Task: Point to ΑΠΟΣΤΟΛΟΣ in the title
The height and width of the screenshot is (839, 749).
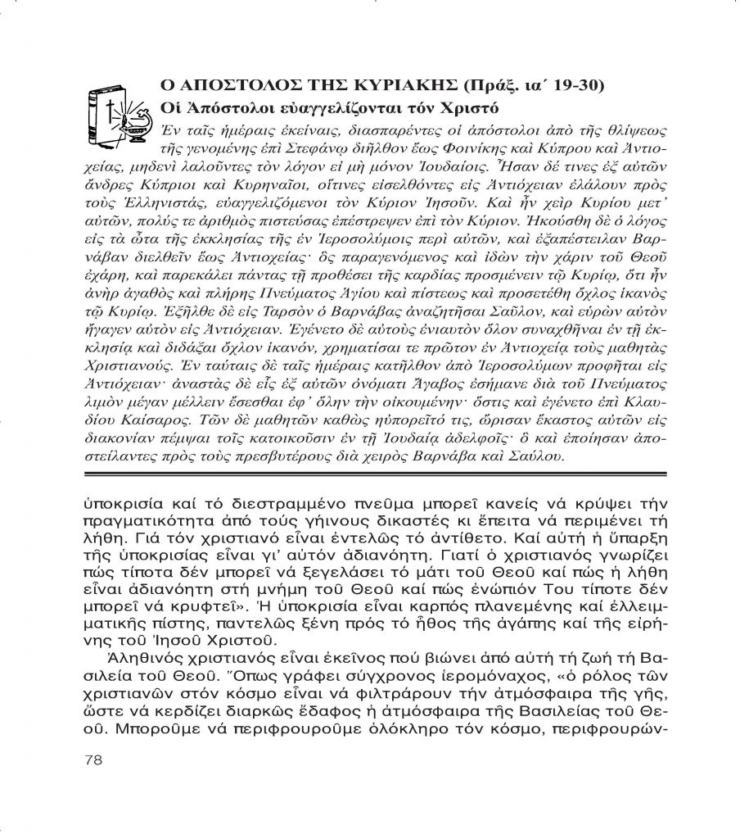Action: click(218, 86)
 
